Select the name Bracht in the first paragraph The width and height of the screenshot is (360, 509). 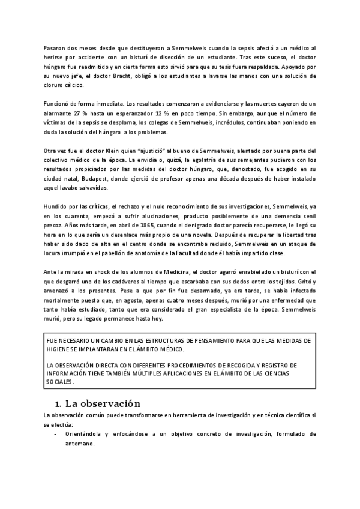coord(120,77)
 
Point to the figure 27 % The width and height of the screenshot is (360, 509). coord(79,113)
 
